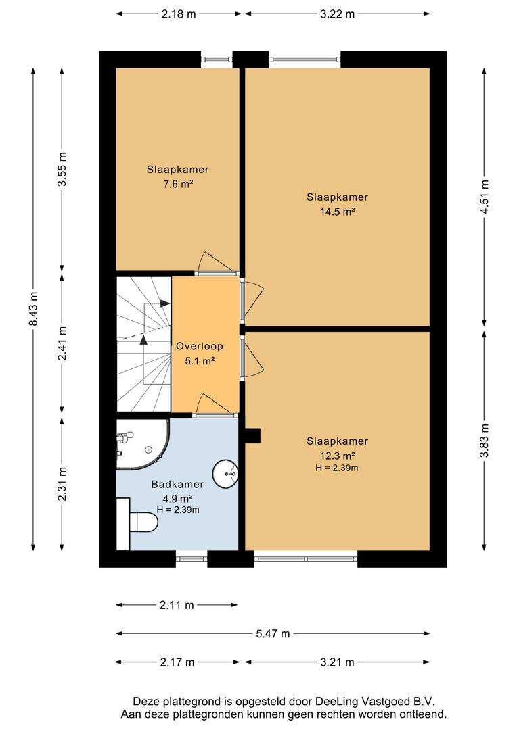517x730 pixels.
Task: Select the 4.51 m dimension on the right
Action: pyautogui.click(x=484, y=197)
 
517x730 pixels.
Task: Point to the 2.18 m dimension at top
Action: pyautogui.click(x=179, y=14)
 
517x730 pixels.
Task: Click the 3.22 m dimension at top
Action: pyautogui.click(x=337, y=14)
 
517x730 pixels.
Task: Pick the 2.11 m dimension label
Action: pyautogui.click(x=177, y=605)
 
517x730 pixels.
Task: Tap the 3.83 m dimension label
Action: pyautogui.click(x=484, y=441)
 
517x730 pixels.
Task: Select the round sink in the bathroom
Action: pyautogui.click(x=225, y=473)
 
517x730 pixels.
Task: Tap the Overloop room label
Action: pyautogui.click(x=200, y=346)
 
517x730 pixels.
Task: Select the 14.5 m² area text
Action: pyautogui.click(x=337, y=212)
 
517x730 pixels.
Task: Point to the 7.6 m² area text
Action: pyautogui.click(x=178, y=183)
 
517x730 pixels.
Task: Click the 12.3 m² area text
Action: pyautogui.click(x=337, y=455)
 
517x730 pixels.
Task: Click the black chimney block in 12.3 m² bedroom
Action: pyautogui.click(x=252, y=437)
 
